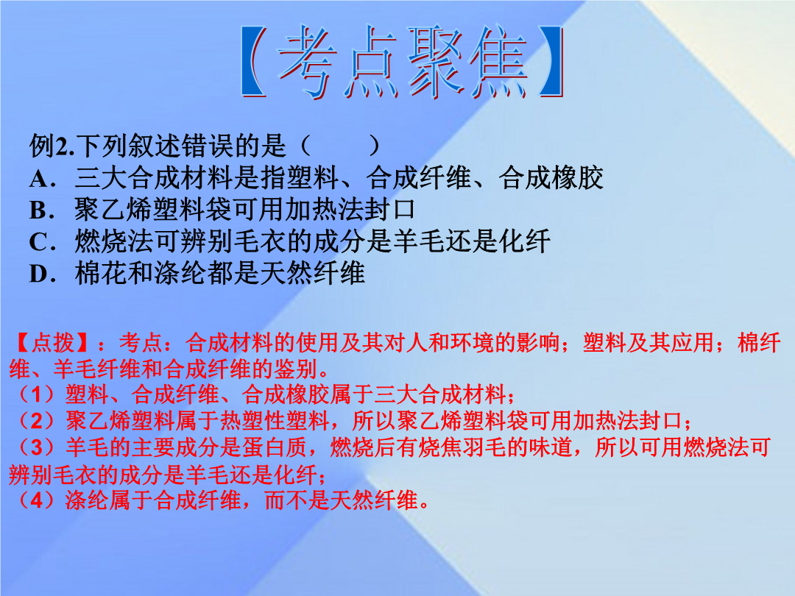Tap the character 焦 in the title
(x=499, y=62)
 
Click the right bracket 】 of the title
(x=551, y=62)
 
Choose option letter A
(x=39, y=178)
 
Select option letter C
(x=39, y=242)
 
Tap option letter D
(x=39, y=274)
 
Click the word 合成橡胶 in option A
(x=551, y=178)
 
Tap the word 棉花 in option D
(x=101, y=273)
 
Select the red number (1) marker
(x=35, y=395)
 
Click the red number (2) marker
(x=35, y=421)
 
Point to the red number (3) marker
(x=35, y=447)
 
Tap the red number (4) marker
(x=35, y=500)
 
